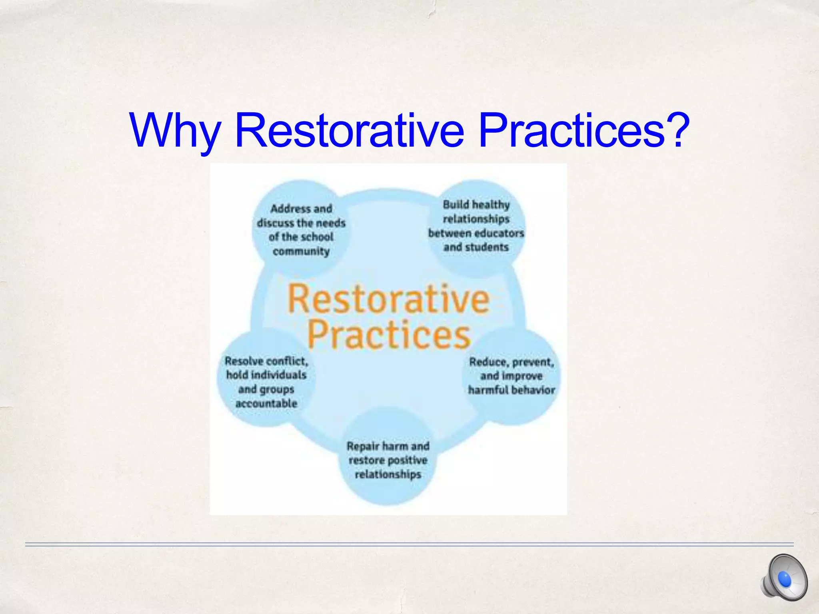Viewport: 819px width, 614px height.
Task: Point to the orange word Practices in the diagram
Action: (388, 335)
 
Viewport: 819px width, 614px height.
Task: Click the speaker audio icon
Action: (784, 577)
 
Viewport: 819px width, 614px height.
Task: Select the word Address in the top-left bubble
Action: (290, 209)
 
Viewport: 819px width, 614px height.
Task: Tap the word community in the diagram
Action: (301, 251)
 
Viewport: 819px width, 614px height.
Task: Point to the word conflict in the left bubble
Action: (287, 361)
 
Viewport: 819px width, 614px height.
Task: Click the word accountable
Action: (266, 403)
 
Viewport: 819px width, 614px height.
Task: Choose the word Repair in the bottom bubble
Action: (362, 446)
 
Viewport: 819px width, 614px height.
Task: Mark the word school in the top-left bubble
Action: (317, 237)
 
